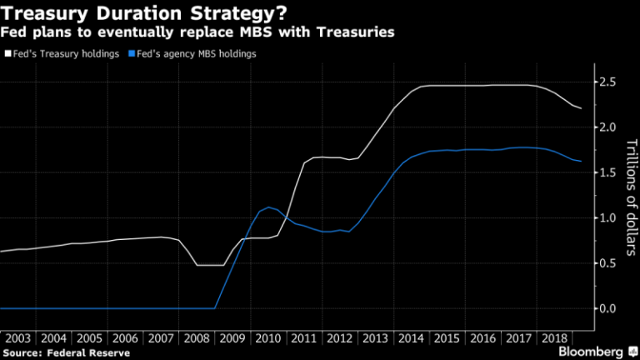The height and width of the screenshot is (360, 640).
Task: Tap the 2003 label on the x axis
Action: [x=18, y=338]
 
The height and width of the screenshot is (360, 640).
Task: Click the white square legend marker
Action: [x=7, y=53]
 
